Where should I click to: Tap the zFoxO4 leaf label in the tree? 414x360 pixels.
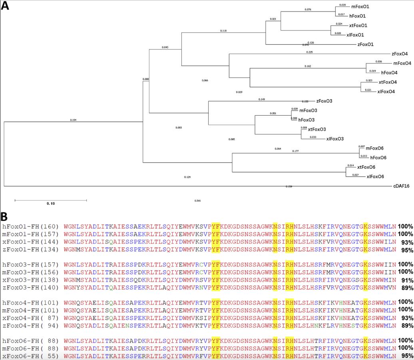400,54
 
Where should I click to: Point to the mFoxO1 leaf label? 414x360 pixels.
360,6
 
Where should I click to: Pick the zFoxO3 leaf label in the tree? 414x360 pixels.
324,101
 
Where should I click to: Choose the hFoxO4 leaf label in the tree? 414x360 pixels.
389,73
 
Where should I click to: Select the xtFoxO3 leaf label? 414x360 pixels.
317,129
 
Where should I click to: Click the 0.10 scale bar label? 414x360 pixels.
50,204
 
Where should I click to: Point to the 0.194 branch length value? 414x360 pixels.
73,120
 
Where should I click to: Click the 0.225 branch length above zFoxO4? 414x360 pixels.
309,52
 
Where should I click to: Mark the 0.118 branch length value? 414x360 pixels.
223,30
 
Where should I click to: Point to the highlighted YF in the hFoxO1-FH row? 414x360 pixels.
216,226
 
